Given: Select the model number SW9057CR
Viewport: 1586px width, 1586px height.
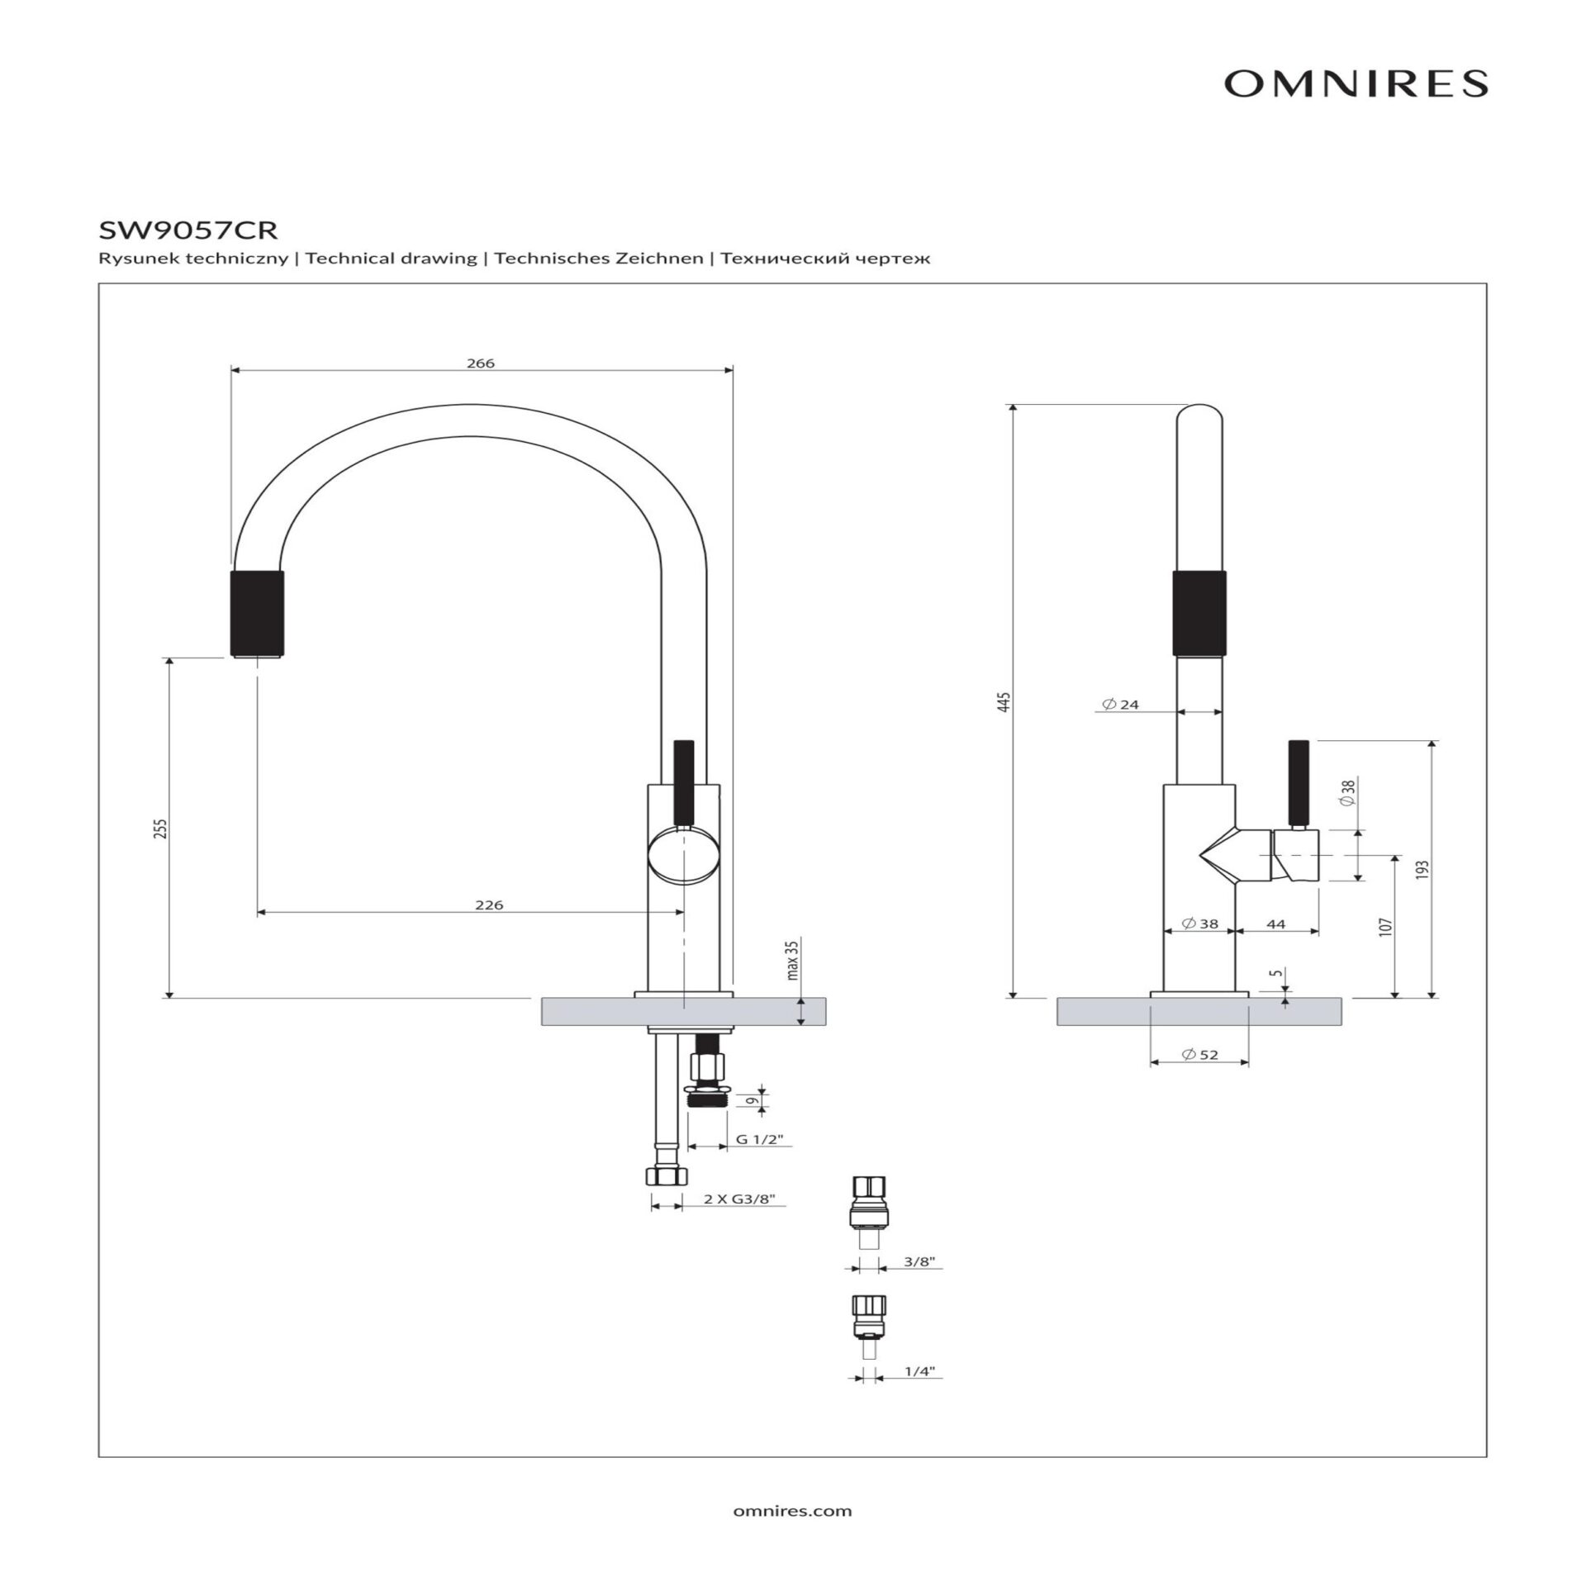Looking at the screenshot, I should tap(188, 229).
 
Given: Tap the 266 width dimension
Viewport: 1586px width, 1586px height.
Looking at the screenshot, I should tap(480, 363).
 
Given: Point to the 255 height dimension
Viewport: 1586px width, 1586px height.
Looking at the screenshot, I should tap(161, 829).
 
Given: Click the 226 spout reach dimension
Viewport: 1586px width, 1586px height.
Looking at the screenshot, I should tap(489, 905).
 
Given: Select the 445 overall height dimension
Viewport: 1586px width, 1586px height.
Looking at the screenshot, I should tap(1004, 702).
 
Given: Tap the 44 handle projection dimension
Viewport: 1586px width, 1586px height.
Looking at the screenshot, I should tap(1276, 924).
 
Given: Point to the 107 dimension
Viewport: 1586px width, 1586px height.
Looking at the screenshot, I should tap(1385, 926).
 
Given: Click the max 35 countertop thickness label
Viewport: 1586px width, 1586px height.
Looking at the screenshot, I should tap(793, 959).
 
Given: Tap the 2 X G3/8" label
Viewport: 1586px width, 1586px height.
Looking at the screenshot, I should tap(739, 1199).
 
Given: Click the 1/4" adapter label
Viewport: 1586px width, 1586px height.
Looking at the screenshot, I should tap(919, 1371).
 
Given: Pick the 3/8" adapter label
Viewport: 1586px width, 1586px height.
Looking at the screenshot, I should tap(919, 1261).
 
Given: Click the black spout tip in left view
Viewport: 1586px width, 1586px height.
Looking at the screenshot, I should tap(257, 613).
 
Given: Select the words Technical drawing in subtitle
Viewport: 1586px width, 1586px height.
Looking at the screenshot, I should tap(391, 259).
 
